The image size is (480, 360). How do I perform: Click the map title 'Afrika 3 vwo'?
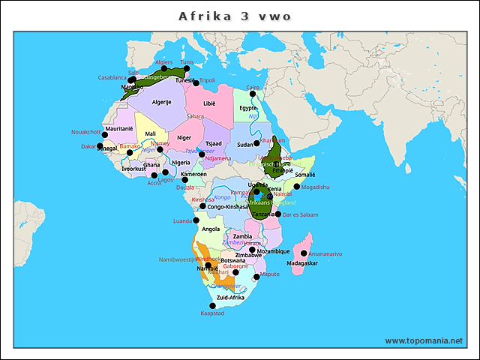[235, 16]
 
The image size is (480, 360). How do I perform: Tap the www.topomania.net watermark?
[424, 340]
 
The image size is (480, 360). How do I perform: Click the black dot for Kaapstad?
[212, 306]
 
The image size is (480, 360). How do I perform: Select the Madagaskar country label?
[303, 263]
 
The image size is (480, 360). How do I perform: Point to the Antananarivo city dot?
[304, 253]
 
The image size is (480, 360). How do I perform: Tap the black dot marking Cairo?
[253, 94]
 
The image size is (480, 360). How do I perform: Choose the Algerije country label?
[162, 102]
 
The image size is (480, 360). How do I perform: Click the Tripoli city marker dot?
[196, 82]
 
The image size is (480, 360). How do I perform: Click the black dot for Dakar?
[100, 146]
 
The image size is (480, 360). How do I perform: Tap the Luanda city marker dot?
[196, 220]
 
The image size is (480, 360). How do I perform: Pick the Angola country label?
[211, 229]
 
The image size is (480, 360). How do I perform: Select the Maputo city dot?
[257, 277]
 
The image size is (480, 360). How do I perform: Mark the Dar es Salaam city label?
[301, 214]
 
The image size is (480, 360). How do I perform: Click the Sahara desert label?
[195, 116]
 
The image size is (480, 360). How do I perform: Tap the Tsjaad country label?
[214, 142]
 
